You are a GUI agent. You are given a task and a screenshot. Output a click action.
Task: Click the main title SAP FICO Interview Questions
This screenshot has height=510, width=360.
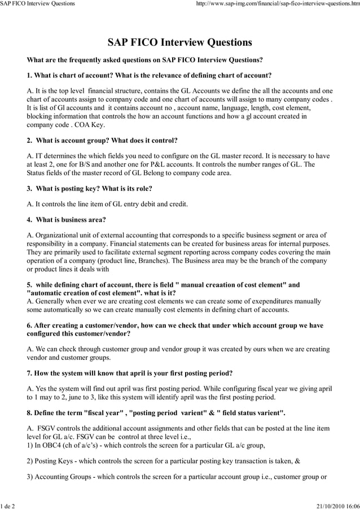179,43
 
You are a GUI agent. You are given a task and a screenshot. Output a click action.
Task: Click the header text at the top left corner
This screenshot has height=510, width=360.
37,4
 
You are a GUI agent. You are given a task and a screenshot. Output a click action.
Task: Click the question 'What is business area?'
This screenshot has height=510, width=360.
71,219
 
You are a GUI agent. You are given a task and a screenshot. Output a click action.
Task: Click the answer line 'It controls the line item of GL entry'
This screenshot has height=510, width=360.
107,204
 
